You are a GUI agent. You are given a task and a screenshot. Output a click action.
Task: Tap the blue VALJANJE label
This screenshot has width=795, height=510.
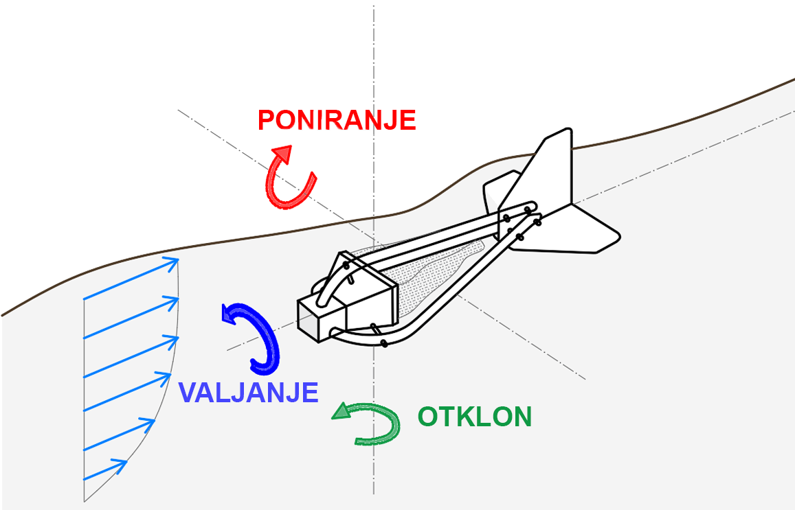tap(248, 392)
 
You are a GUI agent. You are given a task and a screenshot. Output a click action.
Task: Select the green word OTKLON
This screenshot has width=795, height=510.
tap(475, 417)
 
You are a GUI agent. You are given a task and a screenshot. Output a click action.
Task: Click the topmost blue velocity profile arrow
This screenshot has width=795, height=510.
tap(131, 279)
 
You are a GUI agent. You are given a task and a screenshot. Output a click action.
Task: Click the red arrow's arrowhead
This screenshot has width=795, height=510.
tap(281, 152)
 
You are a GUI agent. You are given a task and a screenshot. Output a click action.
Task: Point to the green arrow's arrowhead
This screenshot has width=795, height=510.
tap(341, 411)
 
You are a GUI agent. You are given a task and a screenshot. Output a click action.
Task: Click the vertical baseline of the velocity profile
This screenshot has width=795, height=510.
tap(84, 398)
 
